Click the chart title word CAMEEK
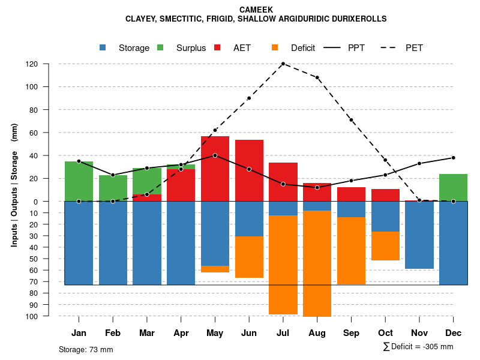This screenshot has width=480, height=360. pos(256,10)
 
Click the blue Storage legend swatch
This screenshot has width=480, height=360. pos(104,47)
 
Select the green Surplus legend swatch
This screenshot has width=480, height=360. pos(160,47)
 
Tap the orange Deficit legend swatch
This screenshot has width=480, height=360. pos(275,47)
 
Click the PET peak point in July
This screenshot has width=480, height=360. pos(283,64)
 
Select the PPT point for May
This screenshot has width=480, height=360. pos(215,155)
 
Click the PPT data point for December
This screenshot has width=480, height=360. pos(453,158)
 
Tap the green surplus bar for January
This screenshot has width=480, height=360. pos(79,181)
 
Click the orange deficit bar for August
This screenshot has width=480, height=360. pos(317,263)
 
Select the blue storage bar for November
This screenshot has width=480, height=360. pos(419,235)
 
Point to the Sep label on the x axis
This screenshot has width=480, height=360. pos(351,333)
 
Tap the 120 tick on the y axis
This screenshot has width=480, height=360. pos(49,64)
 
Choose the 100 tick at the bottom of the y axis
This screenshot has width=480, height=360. pos(49,316)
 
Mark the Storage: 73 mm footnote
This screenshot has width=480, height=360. pos(86,349)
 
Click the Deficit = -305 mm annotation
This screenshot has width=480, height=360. pos(418,347)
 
